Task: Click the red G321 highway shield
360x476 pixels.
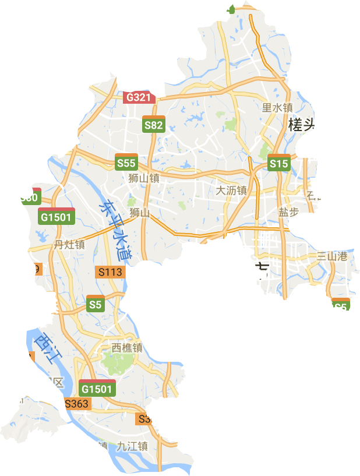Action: point(139,97)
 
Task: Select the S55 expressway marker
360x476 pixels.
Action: point(126,163)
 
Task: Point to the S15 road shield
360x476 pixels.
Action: point(278,164)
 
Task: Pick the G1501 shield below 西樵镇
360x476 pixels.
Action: point(97,388)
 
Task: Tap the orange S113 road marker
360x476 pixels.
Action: point(110,272)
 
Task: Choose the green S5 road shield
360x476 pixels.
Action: point(96,304)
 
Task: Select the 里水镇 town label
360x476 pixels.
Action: point(277,107)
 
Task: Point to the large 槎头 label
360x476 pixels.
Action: point(303,124)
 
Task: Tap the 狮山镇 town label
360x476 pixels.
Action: point(144,179)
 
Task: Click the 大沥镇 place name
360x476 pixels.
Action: point(231,191)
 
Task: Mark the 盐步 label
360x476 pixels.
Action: point(288,212)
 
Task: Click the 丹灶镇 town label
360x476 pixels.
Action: point(69,245)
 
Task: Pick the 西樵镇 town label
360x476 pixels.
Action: point(127,348)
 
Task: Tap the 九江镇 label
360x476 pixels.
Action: point(132,446)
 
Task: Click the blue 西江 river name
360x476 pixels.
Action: point(44,348)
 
